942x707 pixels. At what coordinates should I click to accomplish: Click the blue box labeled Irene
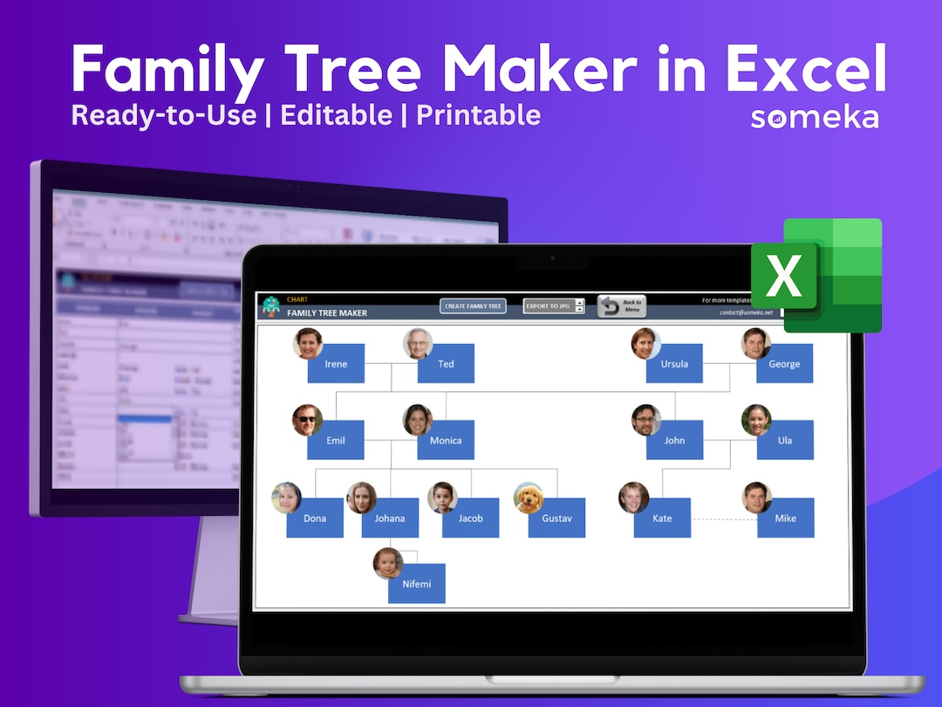336,364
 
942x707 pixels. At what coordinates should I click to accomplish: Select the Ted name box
446,364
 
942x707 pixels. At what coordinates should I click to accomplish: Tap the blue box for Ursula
674,364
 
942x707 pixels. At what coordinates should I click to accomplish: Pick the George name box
784,364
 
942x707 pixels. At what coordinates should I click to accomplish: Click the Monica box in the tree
446,441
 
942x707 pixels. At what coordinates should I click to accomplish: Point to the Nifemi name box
417,584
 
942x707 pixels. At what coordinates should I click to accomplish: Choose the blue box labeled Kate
662,518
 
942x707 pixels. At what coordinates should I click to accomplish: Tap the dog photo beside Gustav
528,498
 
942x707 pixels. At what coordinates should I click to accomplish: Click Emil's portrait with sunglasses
307,420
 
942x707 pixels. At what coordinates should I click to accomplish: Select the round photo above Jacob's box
442,498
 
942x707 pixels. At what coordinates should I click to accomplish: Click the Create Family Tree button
473,306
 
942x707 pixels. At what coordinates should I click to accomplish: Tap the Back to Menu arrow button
621,306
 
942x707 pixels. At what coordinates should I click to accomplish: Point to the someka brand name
815,118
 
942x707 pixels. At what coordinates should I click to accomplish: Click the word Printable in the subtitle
478,115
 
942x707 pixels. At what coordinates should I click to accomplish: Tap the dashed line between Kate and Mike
723,519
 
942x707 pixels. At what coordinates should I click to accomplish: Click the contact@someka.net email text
746,312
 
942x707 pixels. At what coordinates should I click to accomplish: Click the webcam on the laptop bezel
551,258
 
